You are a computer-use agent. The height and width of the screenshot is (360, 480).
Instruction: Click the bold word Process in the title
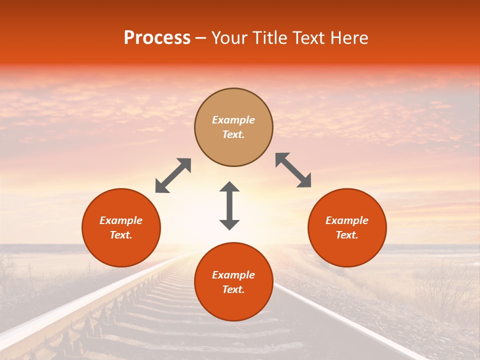point(157,38)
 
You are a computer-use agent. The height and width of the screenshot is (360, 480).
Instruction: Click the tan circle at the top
point(233,127)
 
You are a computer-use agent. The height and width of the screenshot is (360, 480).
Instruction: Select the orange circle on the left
point(121,228)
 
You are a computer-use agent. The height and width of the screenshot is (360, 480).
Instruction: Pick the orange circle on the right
point(347,228)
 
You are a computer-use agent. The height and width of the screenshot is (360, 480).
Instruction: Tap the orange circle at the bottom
point(233,282)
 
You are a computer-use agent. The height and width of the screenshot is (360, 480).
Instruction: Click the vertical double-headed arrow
point(229,205)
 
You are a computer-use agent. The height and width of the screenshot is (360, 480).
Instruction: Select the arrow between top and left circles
point(173,175)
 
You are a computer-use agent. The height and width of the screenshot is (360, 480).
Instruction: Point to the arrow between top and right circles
point(293,170)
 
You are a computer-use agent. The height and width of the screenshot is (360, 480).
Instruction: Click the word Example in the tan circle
point(233,120)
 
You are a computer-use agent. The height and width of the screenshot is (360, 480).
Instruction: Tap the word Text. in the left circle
point(121,235)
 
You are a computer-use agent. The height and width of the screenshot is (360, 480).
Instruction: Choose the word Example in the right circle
point(347,220)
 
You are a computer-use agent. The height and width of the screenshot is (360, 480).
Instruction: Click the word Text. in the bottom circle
point(233,289)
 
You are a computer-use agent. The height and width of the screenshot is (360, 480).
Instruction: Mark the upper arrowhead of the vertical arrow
point(229,187)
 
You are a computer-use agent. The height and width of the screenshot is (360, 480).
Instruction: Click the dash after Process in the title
point(201,38)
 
